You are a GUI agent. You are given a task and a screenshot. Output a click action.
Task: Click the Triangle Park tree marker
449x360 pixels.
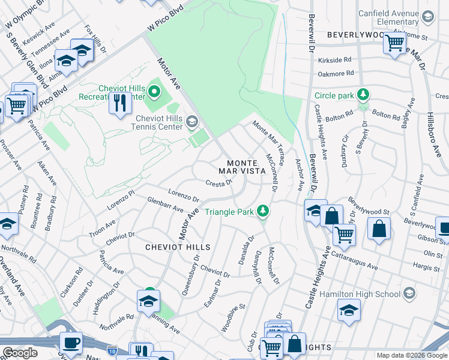tap(262, 211)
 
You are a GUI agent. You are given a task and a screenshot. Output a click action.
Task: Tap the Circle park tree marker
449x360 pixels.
tap(363, 95)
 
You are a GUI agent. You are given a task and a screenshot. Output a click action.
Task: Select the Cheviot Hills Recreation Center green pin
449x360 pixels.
tap(154, 92)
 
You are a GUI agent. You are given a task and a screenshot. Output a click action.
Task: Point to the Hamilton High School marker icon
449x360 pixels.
tap(409, 293)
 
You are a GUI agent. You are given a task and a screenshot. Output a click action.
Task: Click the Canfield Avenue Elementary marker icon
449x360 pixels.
tap(427, 17)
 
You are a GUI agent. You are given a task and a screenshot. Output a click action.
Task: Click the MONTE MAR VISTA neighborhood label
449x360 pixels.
tap(246, 167)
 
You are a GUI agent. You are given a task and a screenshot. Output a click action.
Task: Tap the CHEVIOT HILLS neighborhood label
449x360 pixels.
tap(178, 247)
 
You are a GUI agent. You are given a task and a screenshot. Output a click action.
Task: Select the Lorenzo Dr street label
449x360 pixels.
tap(183, 195)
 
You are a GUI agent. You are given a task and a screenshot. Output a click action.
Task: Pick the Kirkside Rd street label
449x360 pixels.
tap(335, 60)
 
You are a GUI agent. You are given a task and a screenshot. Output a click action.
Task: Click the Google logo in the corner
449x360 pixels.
tap(20, 353)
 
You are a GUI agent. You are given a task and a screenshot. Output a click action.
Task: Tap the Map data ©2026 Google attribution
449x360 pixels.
tap(411, 355)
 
